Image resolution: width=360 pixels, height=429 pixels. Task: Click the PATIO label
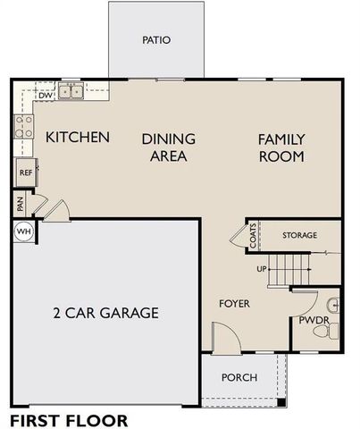(155, 40)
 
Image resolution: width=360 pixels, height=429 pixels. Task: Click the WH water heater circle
(23, 231)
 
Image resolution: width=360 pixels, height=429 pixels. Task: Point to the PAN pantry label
(20, 205)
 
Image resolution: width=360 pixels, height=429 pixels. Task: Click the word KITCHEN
(78, 138)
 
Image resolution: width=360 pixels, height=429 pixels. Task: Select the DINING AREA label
(169, 147)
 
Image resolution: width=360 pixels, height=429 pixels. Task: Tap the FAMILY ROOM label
(281, 147)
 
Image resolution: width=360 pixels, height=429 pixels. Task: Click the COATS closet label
(254, 236)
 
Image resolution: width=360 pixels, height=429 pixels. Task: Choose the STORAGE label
(299, 235)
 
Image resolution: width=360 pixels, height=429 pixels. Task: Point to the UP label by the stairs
(263, 268)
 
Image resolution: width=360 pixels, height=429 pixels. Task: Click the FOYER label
(234, 304)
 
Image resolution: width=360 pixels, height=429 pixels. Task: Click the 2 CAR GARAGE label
(105, 314)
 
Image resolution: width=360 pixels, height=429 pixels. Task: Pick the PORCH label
(239, 377)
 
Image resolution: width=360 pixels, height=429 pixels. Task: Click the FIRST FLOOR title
(68, 419)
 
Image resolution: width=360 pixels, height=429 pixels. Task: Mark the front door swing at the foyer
(223, 337)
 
